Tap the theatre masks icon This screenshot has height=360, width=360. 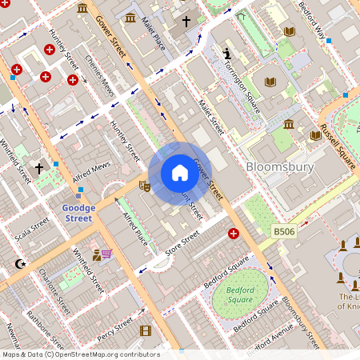click(x=145, y=186)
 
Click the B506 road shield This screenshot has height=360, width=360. click(x=284, y=231)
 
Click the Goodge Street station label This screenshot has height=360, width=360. click(x=78, y=213)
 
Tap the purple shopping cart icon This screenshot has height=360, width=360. click(x=106, y=254)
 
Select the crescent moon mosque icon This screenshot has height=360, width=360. click(x=20, y=263)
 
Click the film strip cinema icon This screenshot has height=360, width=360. click(x=145, y=330)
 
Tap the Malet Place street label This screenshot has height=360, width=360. click(x=152, y=32)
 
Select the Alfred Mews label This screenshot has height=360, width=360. click(x=90, y=166)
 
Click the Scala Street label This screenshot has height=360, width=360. click(x=32, y=232)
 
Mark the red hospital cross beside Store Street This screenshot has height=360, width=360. click(x=234, y=234)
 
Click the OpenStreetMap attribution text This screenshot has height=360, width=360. click(x=80, y=354)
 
